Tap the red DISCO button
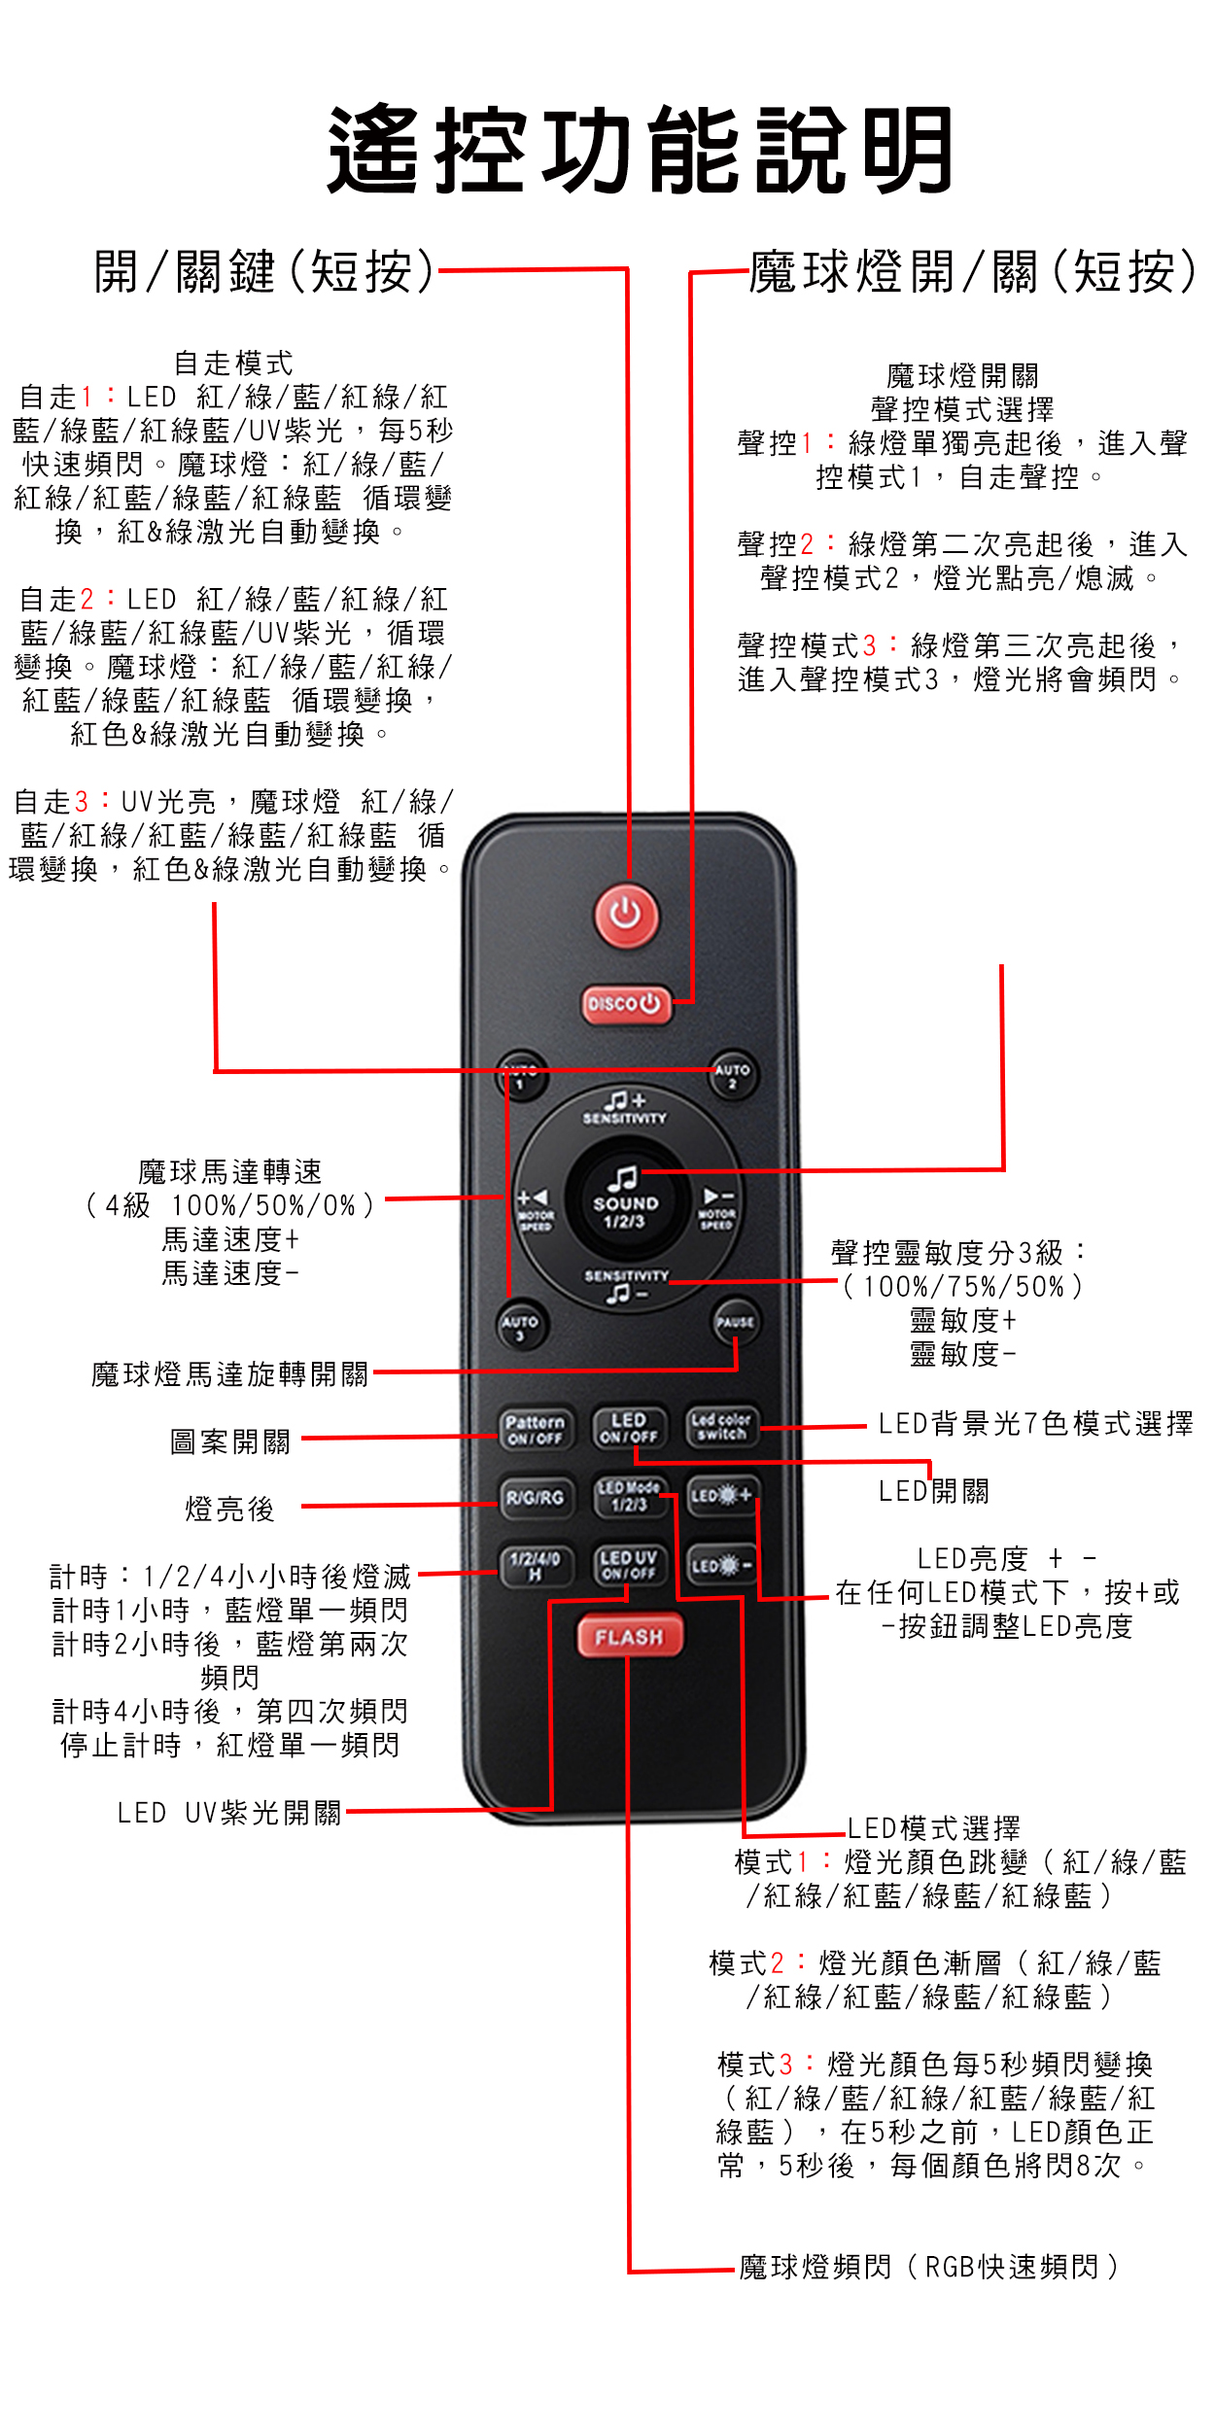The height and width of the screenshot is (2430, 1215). click(x=627, y=1004)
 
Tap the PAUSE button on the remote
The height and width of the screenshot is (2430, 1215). click(x=736, y=1323)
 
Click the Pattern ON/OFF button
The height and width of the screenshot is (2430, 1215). click(x=535, y=1429)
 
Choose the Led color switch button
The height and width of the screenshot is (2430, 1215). click(x=721, y=1427)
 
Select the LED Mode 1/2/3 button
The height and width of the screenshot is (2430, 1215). click(x=629, y=1497)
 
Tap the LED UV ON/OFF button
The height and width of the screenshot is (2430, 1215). click(x=629, y=1565)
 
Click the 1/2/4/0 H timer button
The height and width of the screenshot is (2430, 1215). click(x=536, y=1566)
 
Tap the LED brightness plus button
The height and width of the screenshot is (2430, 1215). click(x=721, y=1496)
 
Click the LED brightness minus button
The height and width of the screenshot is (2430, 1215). click(x=721, y=1565)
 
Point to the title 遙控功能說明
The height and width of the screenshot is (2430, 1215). click(x=641, y=150)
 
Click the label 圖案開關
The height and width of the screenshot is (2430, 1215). click(x=230, y=1441)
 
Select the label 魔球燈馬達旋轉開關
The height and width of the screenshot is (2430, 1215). click(x=230, y=1374)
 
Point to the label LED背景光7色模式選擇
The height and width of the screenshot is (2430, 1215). click(x=1036, y=1424)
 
